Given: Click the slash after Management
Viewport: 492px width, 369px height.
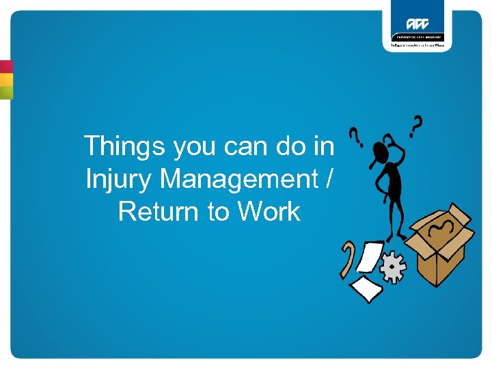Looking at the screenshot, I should click(331, 179).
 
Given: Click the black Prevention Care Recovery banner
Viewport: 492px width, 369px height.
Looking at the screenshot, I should click(417, 37).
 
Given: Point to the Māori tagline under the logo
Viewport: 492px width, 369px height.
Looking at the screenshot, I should click(417, 45).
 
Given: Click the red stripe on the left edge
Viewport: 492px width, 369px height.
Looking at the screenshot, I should click(6, 67).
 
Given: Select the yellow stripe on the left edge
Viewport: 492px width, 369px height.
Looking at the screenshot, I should click(6, 79).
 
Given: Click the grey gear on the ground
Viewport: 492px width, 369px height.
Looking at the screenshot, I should click(393, 268).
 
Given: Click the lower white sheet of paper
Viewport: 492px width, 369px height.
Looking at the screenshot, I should click(367, 288).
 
